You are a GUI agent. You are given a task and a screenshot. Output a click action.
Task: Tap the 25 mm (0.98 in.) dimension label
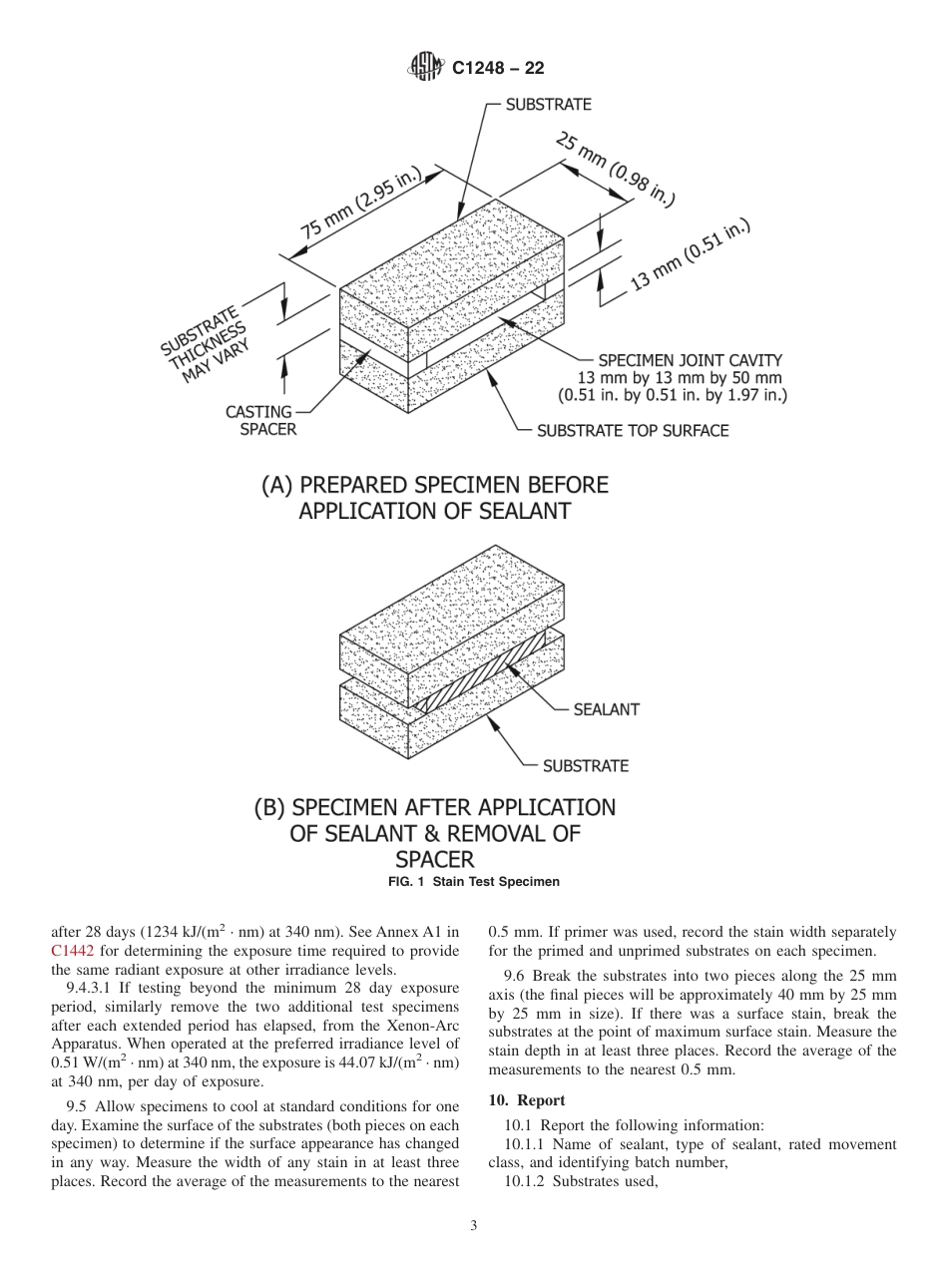(x=615, y=171)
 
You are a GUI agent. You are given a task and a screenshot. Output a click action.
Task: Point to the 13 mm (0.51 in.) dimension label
(x=690, y=256)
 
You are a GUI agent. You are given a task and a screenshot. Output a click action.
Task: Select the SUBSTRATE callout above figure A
(x=548, y=105)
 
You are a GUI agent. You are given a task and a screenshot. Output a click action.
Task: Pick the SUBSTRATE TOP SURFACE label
(x=633, y=431)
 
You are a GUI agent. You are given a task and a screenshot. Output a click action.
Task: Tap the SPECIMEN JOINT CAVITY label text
(x=690, y=360)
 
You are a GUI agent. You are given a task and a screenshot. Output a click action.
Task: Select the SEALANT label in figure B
(x=606, y=709)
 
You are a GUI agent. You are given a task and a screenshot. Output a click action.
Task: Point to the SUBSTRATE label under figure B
(x=585, y=766)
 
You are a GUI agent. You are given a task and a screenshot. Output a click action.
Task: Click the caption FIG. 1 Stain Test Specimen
(x=473, y=882)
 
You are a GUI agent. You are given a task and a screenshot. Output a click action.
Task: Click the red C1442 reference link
(x=73, y=951)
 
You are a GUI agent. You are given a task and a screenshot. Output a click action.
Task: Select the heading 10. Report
(x=526, y=1100)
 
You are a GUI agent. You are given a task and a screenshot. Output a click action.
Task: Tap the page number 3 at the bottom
(x=473, y=1226)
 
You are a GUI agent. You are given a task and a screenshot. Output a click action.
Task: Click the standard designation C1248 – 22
(x=498, y=69)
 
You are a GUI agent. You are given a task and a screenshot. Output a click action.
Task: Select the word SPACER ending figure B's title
(x=434, y=859)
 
